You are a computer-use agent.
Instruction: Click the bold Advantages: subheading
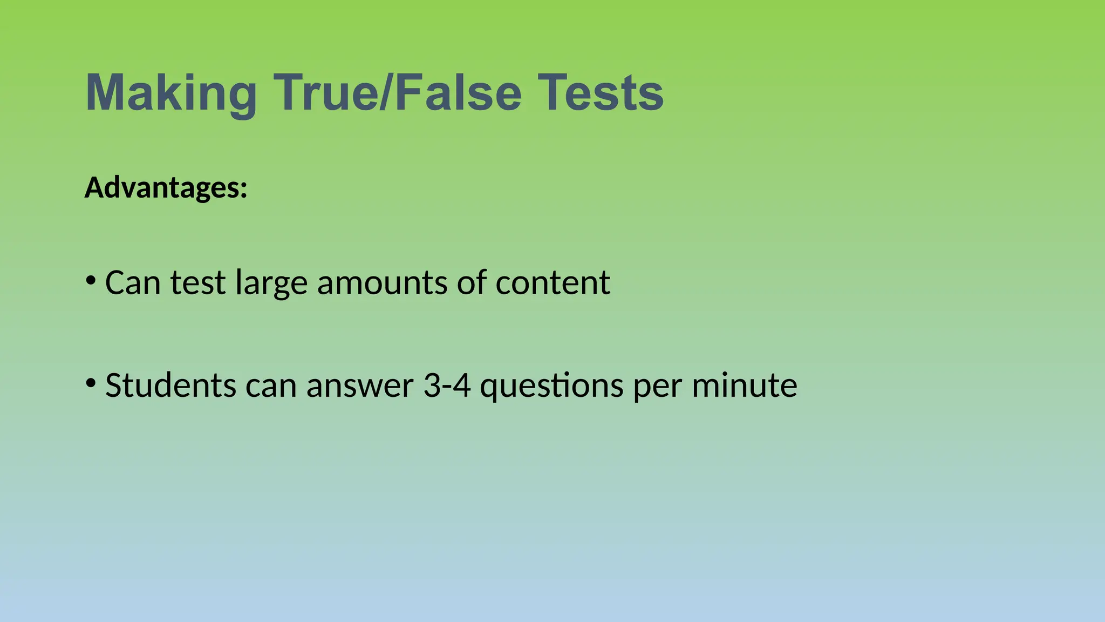click(166, 188)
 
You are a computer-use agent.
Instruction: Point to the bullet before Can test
click(91, 280)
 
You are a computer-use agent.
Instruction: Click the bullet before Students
click(91, 383)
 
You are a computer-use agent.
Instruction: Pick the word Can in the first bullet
click(133, 282)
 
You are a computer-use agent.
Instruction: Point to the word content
click(552, 282)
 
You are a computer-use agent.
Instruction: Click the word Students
click(170, 386)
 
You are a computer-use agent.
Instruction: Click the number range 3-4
click(447, 386)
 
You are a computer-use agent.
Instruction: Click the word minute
click(744, 386)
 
